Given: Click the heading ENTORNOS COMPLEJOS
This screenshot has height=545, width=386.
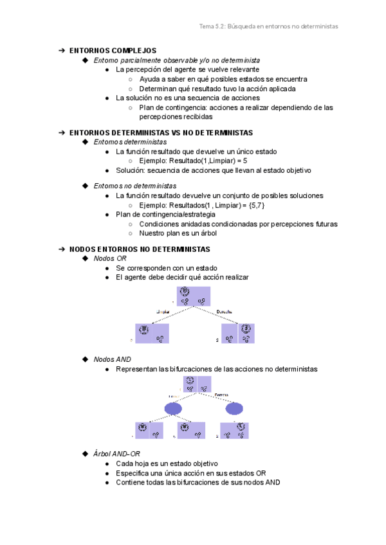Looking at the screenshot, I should (113, 50).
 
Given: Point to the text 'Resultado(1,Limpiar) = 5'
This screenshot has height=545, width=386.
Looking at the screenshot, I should (204, 161).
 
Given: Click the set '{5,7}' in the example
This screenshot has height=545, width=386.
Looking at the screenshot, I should (256, 204).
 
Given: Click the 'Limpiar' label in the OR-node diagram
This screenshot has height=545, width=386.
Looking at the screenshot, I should (163, 312).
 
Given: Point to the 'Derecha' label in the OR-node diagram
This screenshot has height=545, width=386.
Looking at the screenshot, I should (225, 312).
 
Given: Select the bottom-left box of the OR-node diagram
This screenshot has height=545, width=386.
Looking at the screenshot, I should (152, 334).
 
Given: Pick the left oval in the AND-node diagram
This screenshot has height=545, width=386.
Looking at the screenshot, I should (173, 409).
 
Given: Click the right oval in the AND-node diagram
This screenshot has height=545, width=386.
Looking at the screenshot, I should (234, 409).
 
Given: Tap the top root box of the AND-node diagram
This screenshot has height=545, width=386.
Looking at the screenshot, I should (196, 384).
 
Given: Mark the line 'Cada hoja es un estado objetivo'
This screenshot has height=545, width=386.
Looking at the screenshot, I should (167, 463).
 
